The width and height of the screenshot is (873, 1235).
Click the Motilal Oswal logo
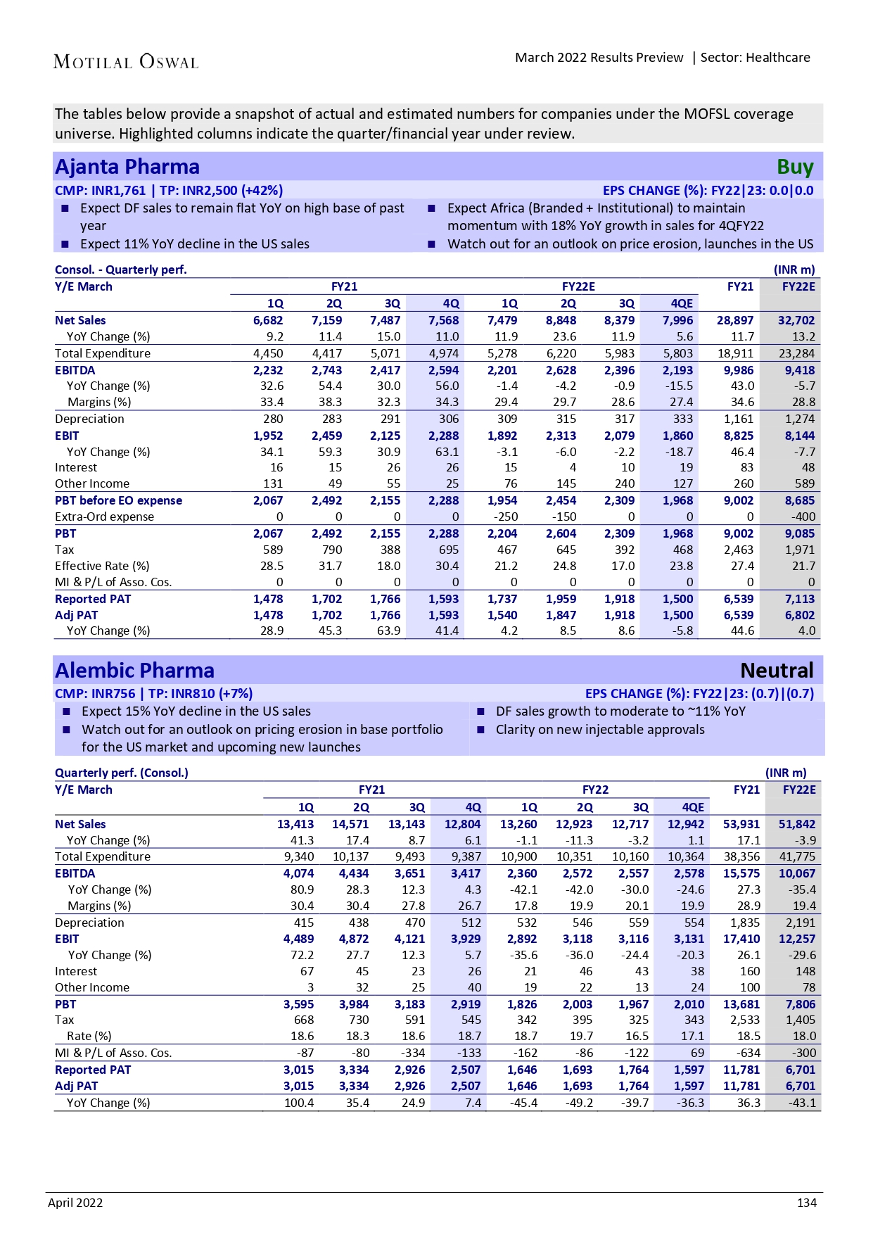[x=126, y=62]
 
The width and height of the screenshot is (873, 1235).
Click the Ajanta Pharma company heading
[x=127, y=167]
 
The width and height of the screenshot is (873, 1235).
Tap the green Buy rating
[x=795, y=167]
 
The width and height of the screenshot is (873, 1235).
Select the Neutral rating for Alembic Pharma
[x=777, y=670]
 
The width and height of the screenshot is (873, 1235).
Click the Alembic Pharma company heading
[x=134, y=670]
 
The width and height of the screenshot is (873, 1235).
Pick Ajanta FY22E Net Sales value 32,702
[x=796, y=320]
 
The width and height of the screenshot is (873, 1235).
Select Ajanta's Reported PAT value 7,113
[x=800, y=599]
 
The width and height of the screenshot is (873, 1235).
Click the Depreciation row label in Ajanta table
[x=89, y=419]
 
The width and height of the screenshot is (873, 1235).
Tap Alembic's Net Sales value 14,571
[x=350, y=824]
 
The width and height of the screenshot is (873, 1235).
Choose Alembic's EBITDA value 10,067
[x=797, y=873]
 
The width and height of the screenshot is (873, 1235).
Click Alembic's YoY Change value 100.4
[x=299, y=1103]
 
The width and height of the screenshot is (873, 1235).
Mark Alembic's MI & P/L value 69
[x=697, y=1053]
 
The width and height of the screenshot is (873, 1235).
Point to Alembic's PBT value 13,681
[x=741, y=1004]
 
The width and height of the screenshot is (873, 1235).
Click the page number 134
[x=806, y=1203]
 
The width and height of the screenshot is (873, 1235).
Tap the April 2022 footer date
[x=75, y=1203]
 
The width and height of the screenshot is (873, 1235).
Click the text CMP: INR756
[x=95, y=693]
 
